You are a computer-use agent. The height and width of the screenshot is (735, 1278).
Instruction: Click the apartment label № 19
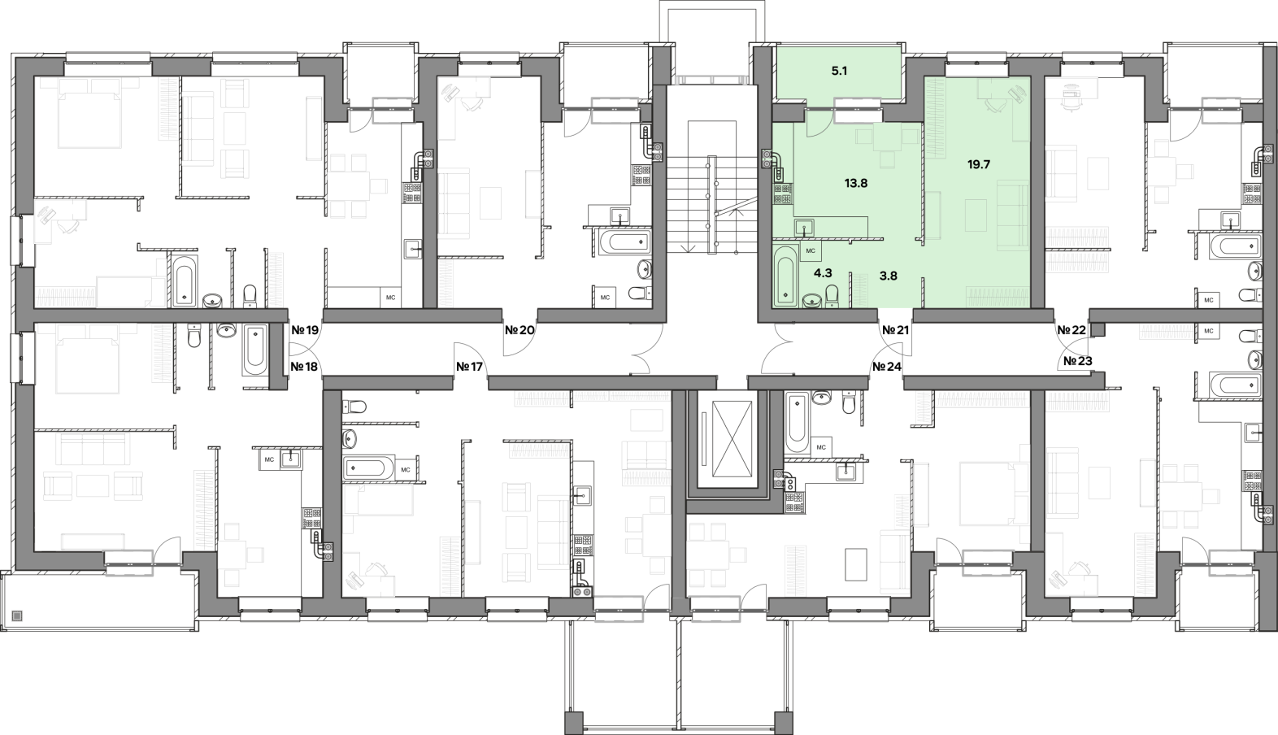[305, 330]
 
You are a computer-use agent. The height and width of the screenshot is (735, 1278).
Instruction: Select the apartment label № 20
[519, 330]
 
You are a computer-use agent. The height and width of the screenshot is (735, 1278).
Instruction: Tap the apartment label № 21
[895, 330]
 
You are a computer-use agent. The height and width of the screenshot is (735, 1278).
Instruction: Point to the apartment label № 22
[1071, 330]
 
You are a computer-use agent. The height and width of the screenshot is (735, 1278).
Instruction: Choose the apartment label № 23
[1078, 361]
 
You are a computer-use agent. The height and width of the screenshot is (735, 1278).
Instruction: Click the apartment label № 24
[887, 367]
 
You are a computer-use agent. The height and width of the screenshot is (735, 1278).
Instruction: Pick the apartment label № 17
[470, 367]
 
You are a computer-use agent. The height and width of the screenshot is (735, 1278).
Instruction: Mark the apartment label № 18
[304, 367]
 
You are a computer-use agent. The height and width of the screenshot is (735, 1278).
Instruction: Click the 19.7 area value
[979, 165]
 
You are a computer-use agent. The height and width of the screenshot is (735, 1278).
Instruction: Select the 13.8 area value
[856, 183]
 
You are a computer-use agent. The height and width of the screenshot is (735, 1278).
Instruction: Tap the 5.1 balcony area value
[839, 72]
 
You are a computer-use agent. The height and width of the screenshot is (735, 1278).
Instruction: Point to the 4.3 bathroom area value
[822, 273]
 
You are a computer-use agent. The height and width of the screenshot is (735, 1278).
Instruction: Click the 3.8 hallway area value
[889, 276]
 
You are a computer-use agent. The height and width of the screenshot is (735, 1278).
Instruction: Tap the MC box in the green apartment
[811, 250]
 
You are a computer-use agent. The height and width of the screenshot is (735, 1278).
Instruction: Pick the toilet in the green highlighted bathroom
[832, 296]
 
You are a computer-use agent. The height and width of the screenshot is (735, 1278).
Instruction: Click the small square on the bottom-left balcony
[18, 615]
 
